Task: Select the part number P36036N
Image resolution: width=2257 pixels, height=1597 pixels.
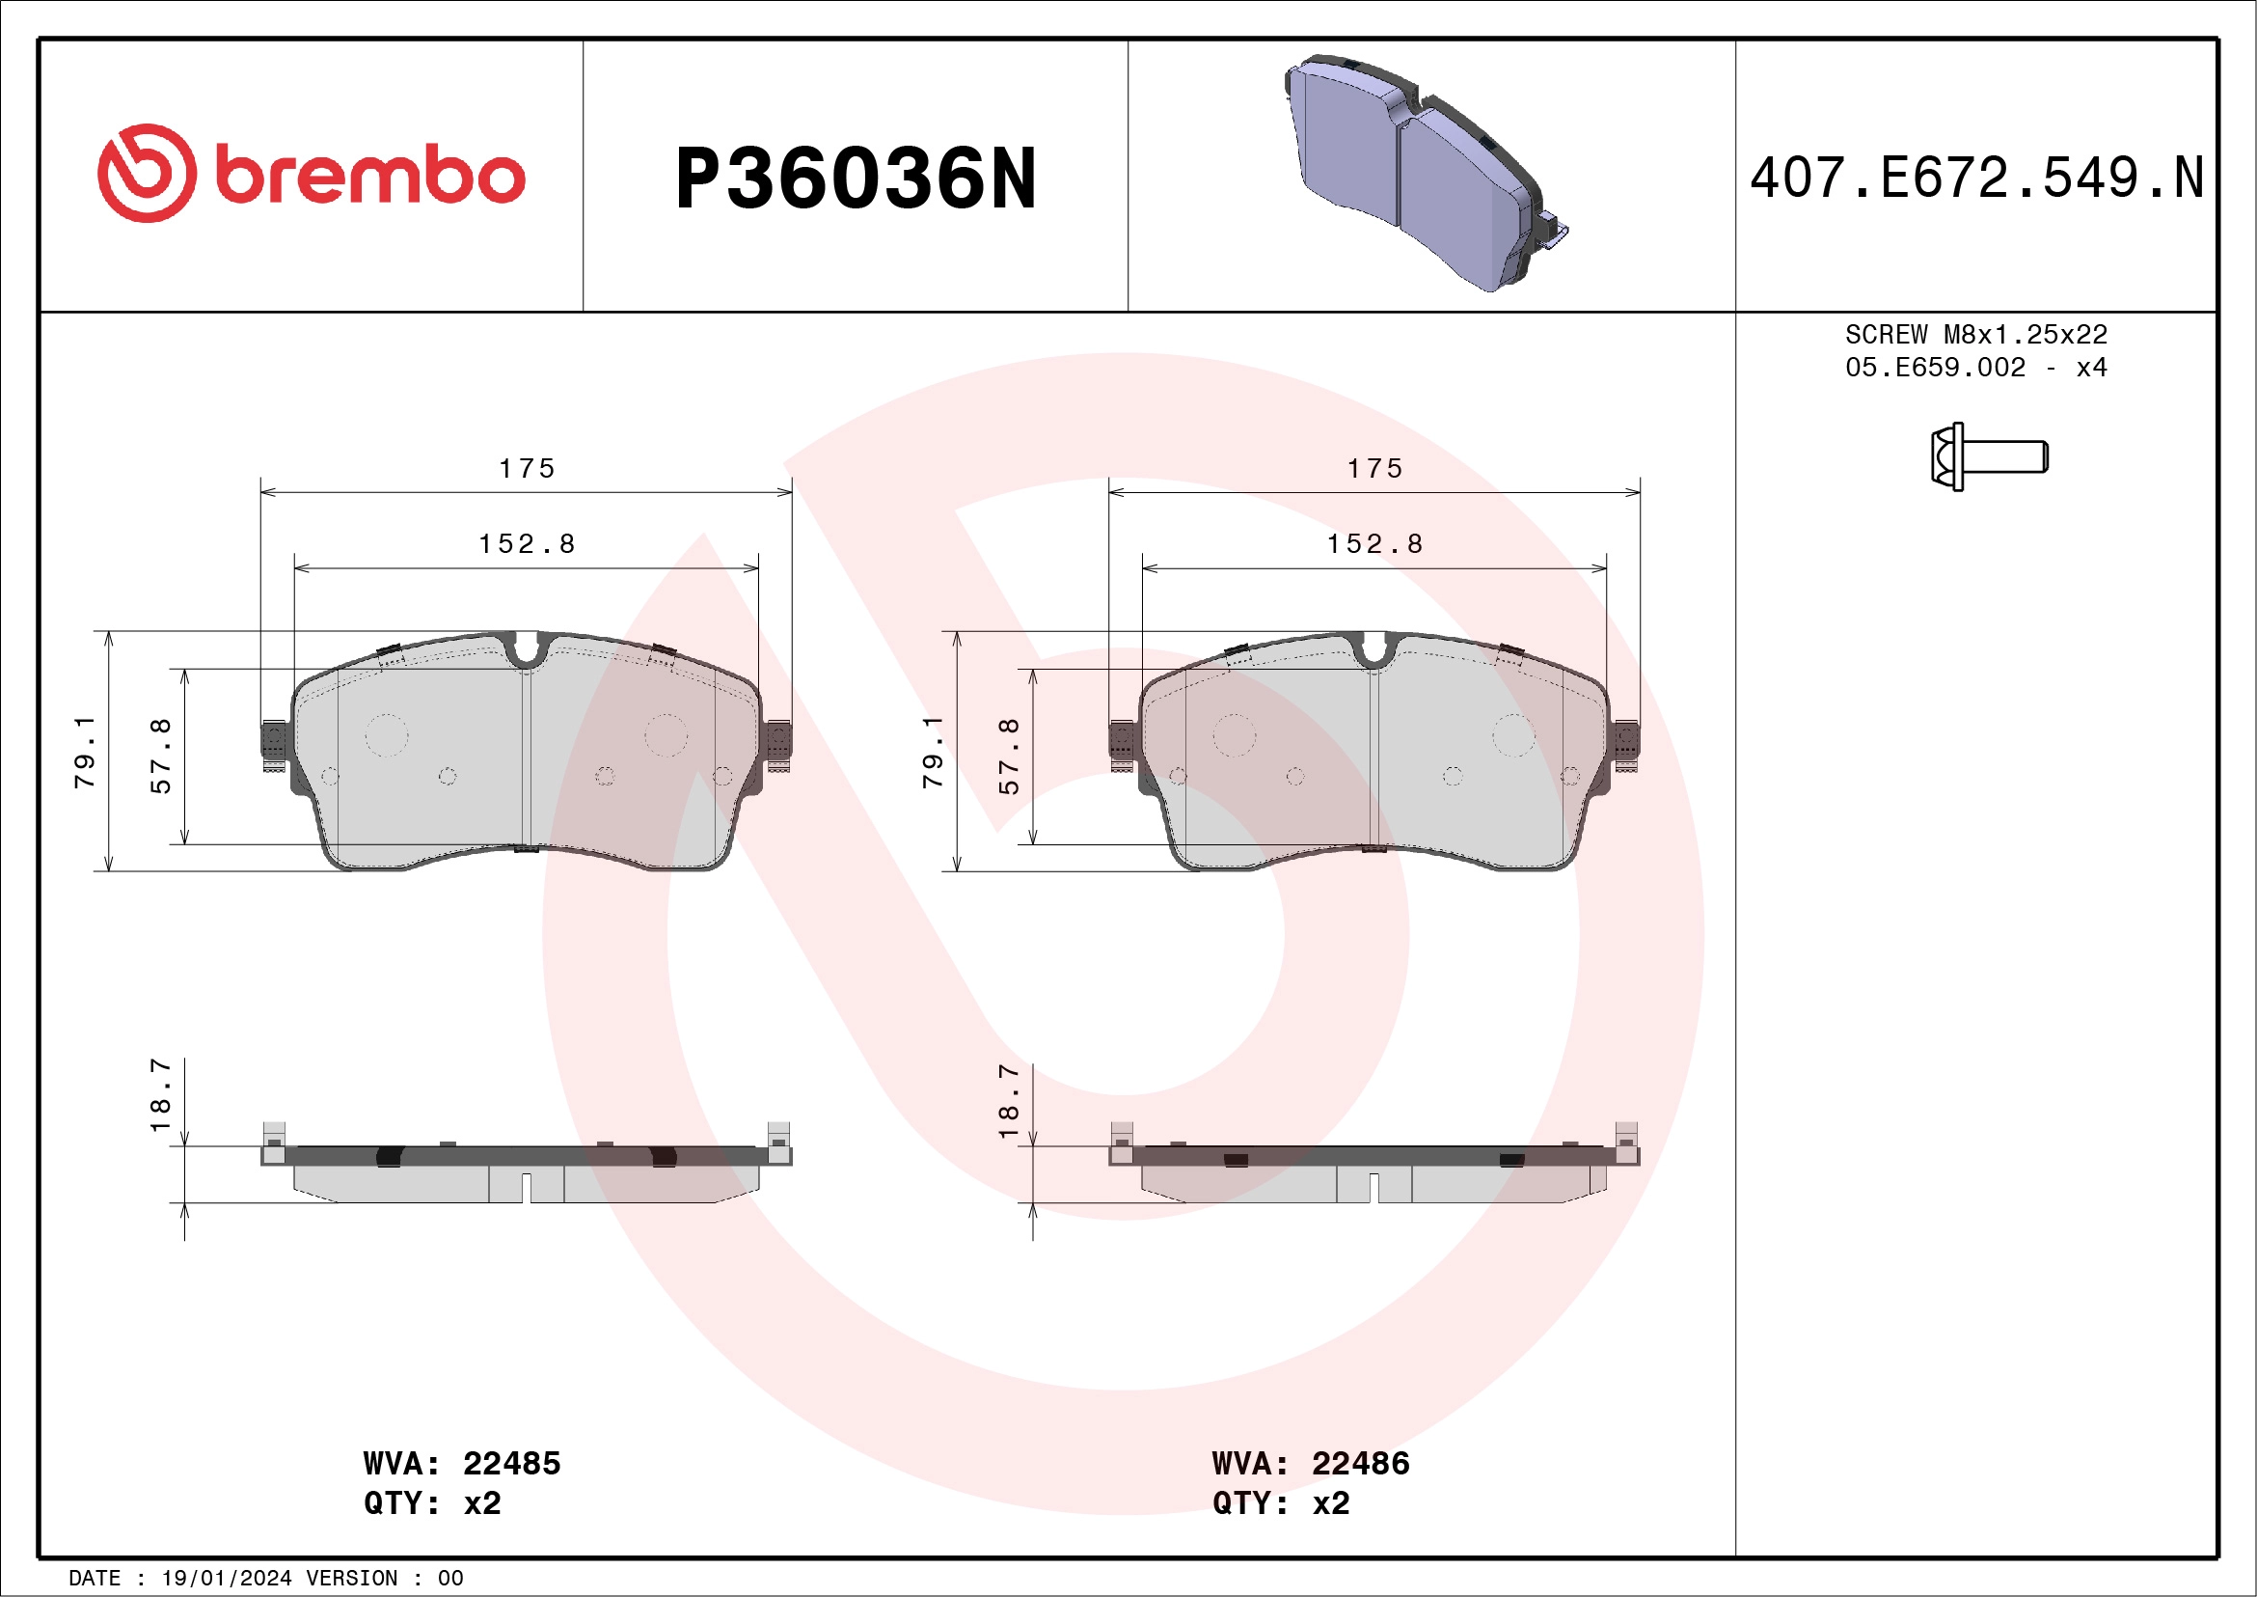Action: (855, 179)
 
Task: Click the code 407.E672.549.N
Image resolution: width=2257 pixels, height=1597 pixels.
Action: (1976, 178)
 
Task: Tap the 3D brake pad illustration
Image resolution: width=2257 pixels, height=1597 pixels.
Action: (1426, 173)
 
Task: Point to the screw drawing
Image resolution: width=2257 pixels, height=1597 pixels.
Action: (1988, 456)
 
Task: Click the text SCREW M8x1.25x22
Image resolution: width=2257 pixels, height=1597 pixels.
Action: (1976, 334)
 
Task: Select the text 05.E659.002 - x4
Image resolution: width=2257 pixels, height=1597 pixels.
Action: (1976, 368)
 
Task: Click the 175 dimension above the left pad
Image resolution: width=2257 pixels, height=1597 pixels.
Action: (527, 468)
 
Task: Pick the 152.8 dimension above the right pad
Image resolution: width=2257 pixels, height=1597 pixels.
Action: (1374, 544)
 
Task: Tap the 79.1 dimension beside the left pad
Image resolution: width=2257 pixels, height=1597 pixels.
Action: (86, 752)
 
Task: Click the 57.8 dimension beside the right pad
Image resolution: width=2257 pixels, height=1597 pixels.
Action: (1009, 756)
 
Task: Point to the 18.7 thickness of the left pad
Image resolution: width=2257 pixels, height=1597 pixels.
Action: (160, 1094)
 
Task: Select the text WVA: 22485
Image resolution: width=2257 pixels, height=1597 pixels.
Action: (461, 1463)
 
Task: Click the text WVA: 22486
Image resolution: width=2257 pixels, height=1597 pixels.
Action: (1310, 1463)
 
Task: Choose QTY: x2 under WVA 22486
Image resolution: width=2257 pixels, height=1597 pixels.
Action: (1280, 1503)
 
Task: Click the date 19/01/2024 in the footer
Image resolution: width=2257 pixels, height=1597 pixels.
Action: (226, 1579)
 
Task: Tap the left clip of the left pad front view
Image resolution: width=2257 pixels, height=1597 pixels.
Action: (274, 744)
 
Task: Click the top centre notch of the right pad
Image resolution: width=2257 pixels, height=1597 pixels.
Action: (1374, 650)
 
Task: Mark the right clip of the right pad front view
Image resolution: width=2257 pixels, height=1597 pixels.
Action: (1627, 744)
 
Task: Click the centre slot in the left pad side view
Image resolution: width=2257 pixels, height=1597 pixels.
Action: (526, 1188)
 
